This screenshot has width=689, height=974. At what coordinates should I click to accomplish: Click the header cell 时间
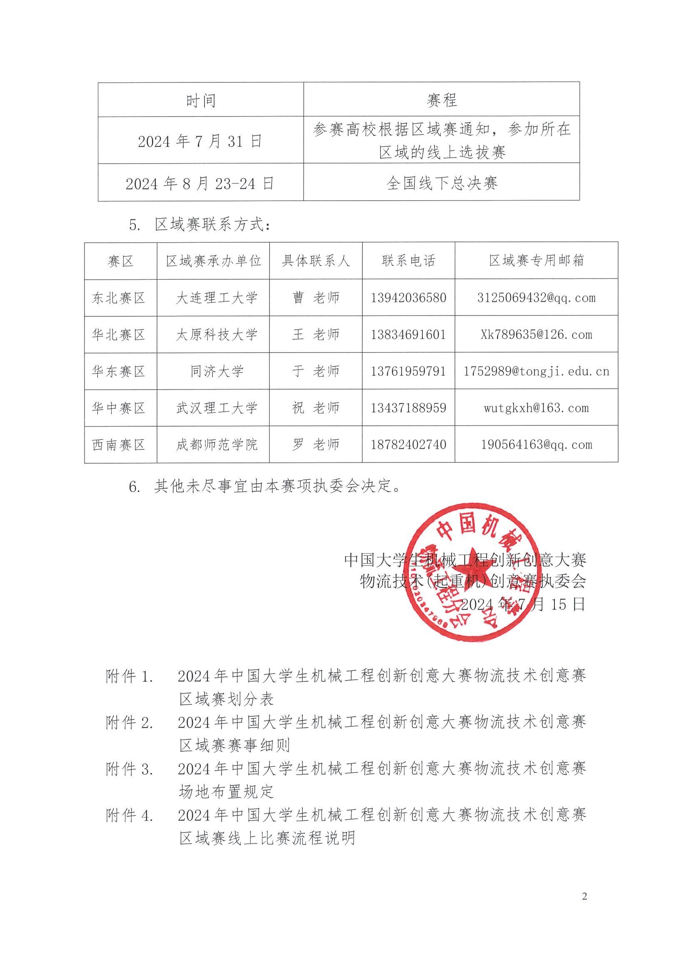point(200,101)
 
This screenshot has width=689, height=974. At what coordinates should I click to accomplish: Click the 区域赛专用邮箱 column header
point(536,261)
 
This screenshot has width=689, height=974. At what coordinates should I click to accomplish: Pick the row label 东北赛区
point(119,298)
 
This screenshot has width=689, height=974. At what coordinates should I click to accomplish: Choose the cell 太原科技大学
point(217,335)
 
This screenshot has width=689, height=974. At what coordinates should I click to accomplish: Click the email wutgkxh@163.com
point(536,408)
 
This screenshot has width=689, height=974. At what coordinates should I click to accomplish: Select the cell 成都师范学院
point(217,445)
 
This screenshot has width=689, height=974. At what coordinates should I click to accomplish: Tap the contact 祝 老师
point(316,408)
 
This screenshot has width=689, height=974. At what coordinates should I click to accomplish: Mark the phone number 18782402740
point(408,445)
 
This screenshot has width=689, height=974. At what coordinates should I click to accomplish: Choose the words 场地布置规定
point(227,792)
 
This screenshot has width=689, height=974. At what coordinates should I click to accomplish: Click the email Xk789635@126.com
point(536,335)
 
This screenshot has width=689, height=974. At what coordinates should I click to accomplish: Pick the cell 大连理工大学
point(217,298)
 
